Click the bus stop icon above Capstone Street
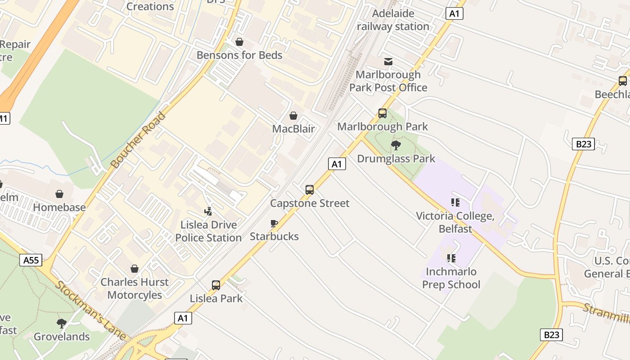[310, 189]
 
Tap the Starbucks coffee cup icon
[274, 223]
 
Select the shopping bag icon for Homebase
[59, 194]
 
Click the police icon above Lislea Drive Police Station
[208, 211]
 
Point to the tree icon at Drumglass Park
[396, 145]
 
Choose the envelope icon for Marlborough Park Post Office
[388, 62]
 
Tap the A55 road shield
[31, 260]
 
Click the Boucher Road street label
[138, 140]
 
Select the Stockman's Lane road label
[90, 310]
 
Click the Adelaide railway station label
[393, 20]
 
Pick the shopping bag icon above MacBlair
[293, 116]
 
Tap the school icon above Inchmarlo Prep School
[451, 258]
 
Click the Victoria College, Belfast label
[455, 222]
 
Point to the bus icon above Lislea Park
[216, 285]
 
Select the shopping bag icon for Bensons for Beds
[239, 42]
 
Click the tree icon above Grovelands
[62, 323]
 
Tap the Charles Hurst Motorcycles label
[135, 288]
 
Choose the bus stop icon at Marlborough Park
[382, 113]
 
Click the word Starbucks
[274, 236]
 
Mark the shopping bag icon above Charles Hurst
[134, 269]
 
